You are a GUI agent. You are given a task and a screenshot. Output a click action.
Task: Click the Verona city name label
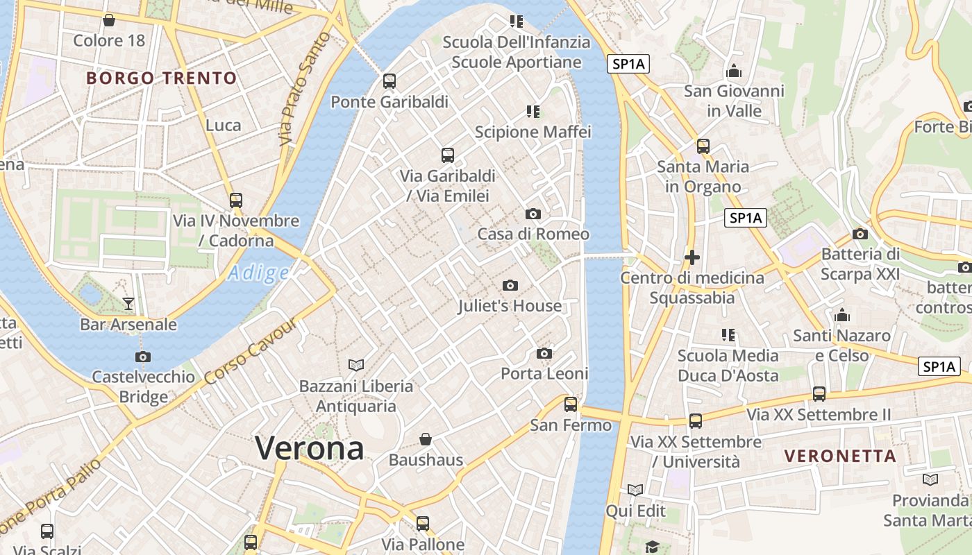(310, 448)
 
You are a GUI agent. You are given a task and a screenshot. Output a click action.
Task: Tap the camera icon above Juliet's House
(510, 285)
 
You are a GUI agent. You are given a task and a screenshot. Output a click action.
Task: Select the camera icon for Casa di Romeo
(533, 214)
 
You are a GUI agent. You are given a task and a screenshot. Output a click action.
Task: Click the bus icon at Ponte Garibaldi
(389, 81)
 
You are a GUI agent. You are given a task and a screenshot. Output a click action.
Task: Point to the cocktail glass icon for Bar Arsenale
(128, 303)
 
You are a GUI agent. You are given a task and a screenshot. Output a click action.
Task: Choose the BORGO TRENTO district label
(162, 78)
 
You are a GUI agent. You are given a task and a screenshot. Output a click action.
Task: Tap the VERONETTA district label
(840, 456)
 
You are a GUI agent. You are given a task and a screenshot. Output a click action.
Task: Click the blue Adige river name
(258, 273)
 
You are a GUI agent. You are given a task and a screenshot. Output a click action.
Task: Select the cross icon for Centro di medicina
(692, 257)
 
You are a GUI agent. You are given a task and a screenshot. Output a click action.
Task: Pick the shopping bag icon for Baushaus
(426, 439)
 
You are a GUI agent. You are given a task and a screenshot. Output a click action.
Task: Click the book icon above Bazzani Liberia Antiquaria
(356, 365)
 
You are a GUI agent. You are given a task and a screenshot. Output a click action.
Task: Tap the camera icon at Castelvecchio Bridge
(143, 357)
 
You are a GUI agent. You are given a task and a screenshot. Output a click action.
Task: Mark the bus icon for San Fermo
(571, 404)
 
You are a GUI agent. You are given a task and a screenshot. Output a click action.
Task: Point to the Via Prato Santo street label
(304, 89)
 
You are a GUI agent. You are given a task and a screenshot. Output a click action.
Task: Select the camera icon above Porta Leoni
(544, 353)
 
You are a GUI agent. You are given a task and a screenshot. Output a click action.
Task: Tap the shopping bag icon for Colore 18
(109, 20)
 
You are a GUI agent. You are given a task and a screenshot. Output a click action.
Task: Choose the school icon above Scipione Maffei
(533, 111)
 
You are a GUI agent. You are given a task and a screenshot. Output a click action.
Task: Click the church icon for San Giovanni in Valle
(734, 71)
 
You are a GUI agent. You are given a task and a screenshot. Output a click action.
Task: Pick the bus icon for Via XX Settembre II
(819, 393)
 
